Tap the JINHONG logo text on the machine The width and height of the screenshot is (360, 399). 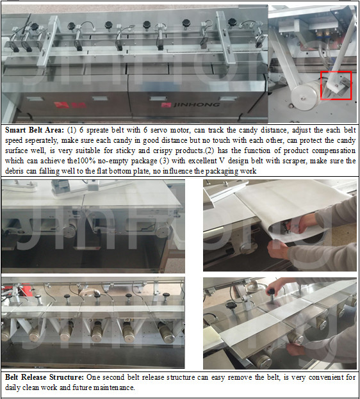197,104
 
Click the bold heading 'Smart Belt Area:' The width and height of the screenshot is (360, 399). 35,130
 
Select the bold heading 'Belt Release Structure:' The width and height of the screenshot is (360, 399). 44,377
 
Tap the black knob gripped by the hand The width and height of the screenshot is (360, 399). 271,291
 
